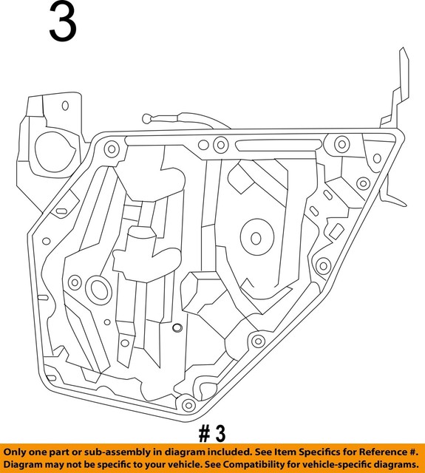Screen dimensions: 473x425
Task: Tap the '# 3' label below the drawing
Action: (x=211, y=432)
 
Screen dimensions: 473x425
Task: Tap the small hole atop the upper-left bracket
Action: (x=64, y=105)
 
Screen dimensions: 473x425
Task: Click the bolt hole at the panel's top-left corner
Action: (x=112, y=149)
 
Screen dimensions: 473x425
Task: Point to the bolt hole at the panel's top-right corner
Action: (x=341, y=143)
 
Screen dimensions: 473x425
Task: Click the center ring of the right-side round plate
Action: (x=256, y=239)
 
